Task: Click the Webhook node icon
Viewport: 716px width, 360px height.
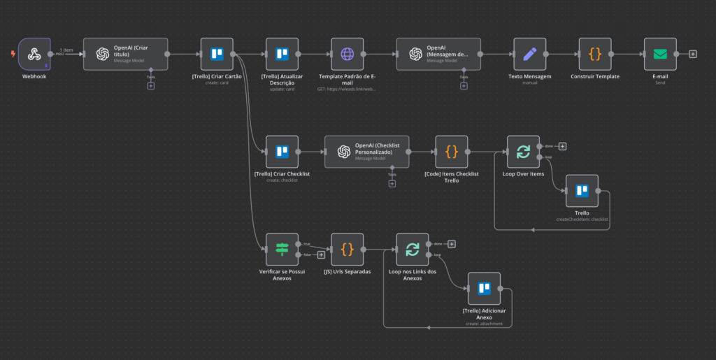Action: click(x=34, y=54)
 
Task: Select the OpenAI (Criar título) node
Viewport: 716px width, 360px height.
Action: click(x=126, y=54)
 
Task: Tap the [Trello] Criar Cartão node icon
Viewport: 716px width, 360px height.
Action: click(x=217, y=54)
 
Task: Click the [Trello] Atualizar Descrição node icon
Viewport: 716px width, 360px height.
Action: click(x=282, y=54)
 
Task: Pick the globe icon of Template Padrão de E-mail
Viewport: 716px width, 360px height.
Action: click(x=348, y=54)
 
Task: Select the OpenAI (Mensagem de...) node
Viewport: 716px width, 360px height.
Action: click(x=438, y=54)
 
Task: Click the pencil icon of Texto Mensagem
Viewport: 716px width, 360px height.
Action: click(x=529, y=54)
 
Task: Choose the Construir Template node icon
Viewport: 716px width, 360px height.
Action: click(x=595, y=54)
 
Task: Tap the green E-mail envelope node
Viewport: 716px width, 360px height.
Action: click(x=660, y=54)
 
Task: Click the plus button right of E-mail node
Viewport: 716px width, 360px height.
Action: click(x=692, y=54)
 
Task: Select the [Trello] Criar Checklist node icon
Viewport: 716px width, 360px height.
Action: click(x=282, y=152)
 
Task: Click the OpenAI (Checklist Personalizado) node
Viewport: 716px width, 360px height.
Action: click(x=366, y=152)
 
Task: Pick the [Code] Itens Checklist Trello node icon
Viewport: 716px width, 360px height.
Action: click(x=452, y=152)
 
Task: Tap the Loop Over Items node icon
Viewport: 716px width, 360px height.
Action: click(x=523, y=152)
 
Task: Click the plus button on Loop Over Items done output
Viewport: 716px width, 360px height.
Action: click(x=562, y=146)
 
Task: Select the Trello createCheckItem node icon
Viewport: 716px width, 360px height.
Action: click(x=582, y=191)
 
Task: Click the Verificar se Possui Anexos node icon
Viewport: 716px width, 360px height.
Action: click(x=282, y=250)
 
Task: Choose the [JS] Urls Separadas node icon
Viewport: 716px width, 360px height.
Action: click(x=348, y=250)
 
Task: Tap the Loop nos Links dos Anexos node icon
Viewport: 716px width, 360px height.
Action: click(x=413, y=250)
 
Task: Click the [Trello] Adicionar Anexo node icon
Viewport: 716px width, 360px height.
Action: click(x=484, y=289)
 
